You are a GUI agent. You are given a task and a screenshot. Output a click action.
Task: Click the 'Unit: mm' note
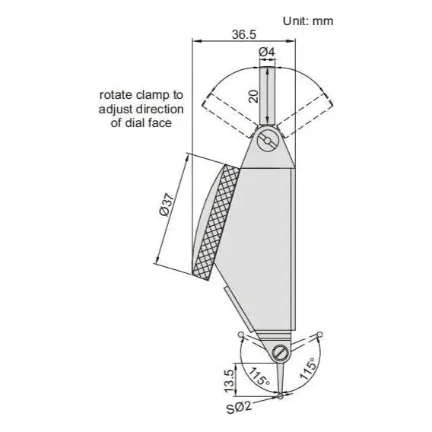[x=307, y=21]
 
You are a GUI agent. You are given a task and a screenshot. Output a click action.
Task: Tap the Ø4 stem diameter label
[x=267, y=52]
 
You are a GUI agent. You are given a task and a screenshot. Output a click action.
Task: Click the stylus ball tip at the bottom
[x=281, y=395]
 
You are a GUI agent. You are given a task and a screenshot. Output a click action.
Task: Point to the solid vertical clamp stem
[x=267, y=95]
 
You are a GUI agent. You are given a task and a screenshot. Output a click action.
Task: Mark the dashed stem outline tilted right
[x=308, y=111]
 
